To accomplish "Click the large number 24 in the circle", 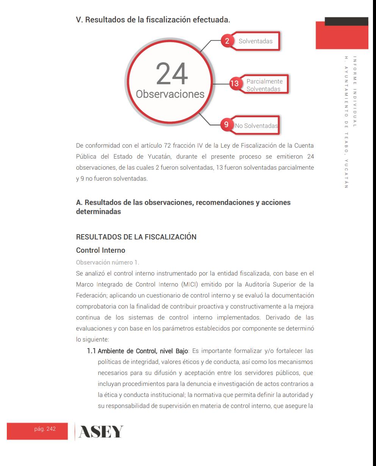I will pos(172,74).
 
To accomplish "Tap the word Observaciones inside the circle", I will pos(170,94).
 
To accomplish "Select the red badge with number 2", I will pos(227,41).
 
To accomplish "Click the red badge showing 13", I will pos(235,83).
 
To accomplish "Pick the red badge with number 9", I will pos(226,124).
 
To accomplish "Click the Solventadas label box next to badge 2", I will pos(256,41).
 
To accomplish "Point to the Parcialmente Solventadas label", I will pos(264,85).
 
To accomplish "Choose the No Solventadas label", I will pos(256,126).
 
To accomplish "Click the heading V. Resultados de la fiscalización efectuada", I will pos(153,20).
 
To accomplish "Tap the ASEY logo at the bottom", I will pos(100,431).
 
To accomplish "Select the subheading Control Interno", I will pos(100,250).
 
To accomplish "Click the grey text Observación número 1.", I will pos(108,262).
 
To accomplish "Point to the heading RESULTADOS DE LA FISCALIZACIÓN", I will pos(136,237).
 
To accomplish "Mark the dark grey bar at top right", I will pos(346,21).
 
